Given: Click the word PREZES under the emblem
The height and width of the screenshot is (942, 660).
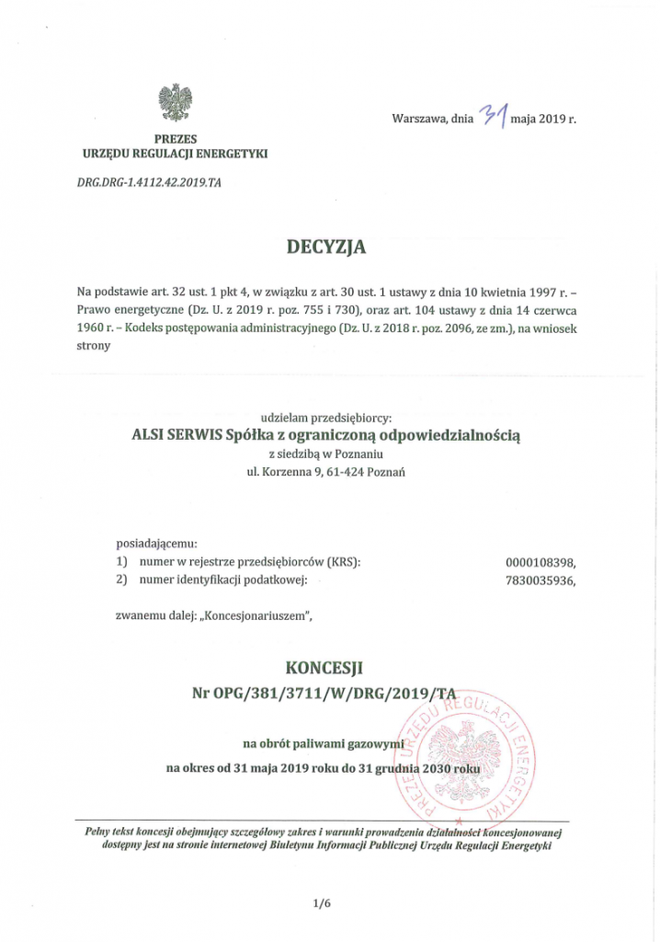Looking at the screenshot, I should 174,136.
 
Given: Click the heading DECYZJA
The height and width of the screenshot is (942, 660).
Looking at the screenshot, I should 326,247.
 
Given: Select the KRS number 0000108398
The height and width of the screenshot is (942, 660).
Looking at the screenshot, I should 543,561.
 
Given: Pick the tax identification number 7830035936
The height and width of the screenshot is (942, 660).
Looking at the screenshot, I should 543,580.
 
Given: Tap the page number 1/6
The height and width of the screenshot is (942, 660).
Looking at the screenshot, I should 321,905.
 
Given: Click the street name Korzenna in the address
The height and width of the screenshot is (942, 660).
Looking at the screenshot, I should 285,472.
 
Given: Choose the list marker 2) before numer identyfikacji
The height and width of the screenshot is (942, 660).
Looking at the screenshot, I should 121,580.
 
